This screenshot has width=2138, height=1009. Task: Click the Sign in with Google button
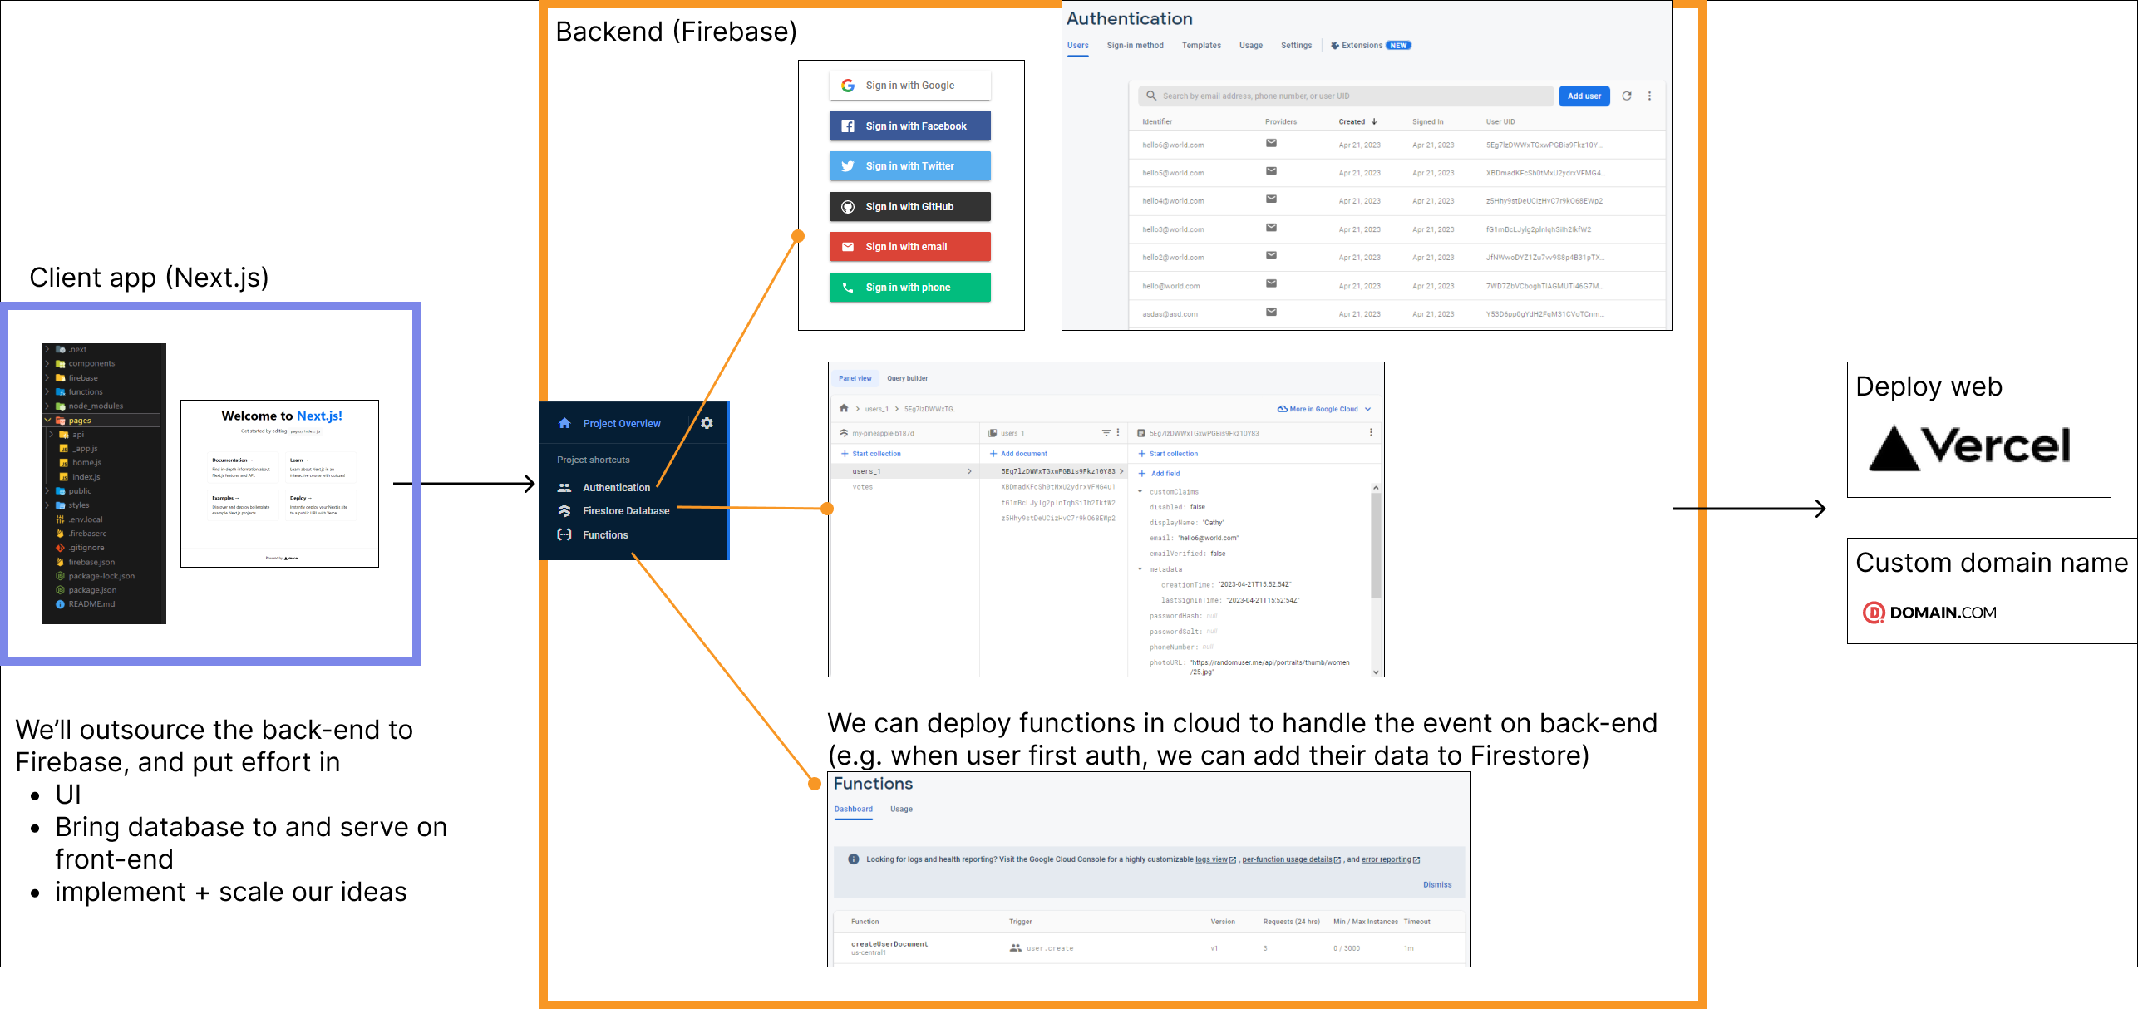pyautogui.click(x=909, y=86)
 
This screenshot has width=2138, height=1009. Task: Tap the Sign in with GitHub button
pyautogui.click(x=909, y=207)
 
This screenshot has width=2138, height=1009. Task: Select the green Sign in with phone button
pyautogui.click(x=909, y=288)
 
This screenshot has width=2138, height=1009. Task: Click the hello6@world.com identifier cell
pyautogui.click(x=1173, y=145)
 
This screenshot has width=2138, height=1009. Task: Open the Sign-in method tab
pyautogui.click(x=1135, y=46)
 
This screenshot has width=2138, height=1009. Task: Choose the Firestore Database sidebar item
pyautogui.click(x=625, y=511)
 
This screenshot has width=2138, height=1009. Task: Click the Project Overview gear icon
pyautogui.click(x=707, y=423)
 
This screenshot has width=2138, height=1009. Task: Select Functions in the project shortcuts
pyautogui.click(x=605, y=535)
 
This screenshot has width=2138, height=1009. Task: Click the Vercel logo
pyautogui.click(x=1969, y=447)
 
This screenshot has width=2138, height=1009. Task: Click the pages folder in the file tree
pyautogui.click(x=80, y=421)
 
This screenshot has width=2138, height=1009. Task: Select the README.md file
pyautogui.click(x=91, y=604)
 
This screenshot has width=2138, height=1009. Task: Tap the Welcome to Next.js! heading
pyautogui.click(x=281, y=416)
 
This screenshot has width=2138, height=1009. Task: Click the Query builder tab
pyautogui.click(x=907, y=379)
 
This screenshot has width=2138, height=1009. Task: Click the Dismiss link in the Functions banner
pyautogui.click(x=1436, y=885)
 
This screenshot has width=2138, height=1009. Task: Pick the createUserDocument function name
pyautogui.click(x=889, y=944)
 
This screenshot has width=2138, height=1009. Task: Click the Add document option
pyautogui.click(x=1023, y=454)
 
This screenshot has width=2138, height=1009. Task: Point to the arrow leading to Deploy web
pyautogui.click(x=1749, y=509)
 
